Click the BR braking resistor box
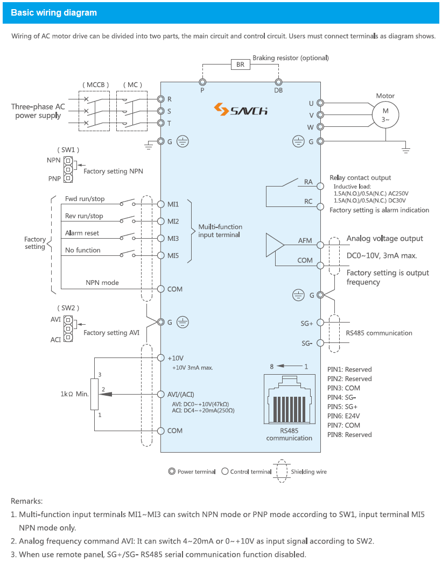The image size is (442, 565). tap(240, 65)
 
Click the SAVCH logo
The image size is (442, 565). tap(241, 110)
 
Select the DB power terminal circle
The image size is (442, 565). tap(278, 82)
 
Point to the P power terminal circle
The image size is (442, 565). tap(202, 82)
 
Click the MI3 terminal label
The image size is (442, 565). tap(173, 238)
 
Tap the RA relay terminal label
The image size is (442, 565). tap(308, 182)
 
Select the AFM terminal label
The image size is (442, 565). tap(305, 240)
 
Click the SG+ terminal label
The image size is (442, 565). tap(307, 324)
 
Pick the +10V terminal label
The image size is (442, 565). tap(176, 358)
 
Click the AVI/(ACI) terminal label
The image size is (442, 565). tap(184, 394)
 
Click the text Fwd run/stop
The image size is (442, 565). tap(85, 199)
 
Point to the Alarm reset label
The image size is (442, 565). tap(82, 233)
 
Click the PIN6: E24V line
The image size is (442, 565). tap(343, 416)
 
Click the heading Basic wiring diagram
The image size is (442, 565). tap(54, 13)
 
